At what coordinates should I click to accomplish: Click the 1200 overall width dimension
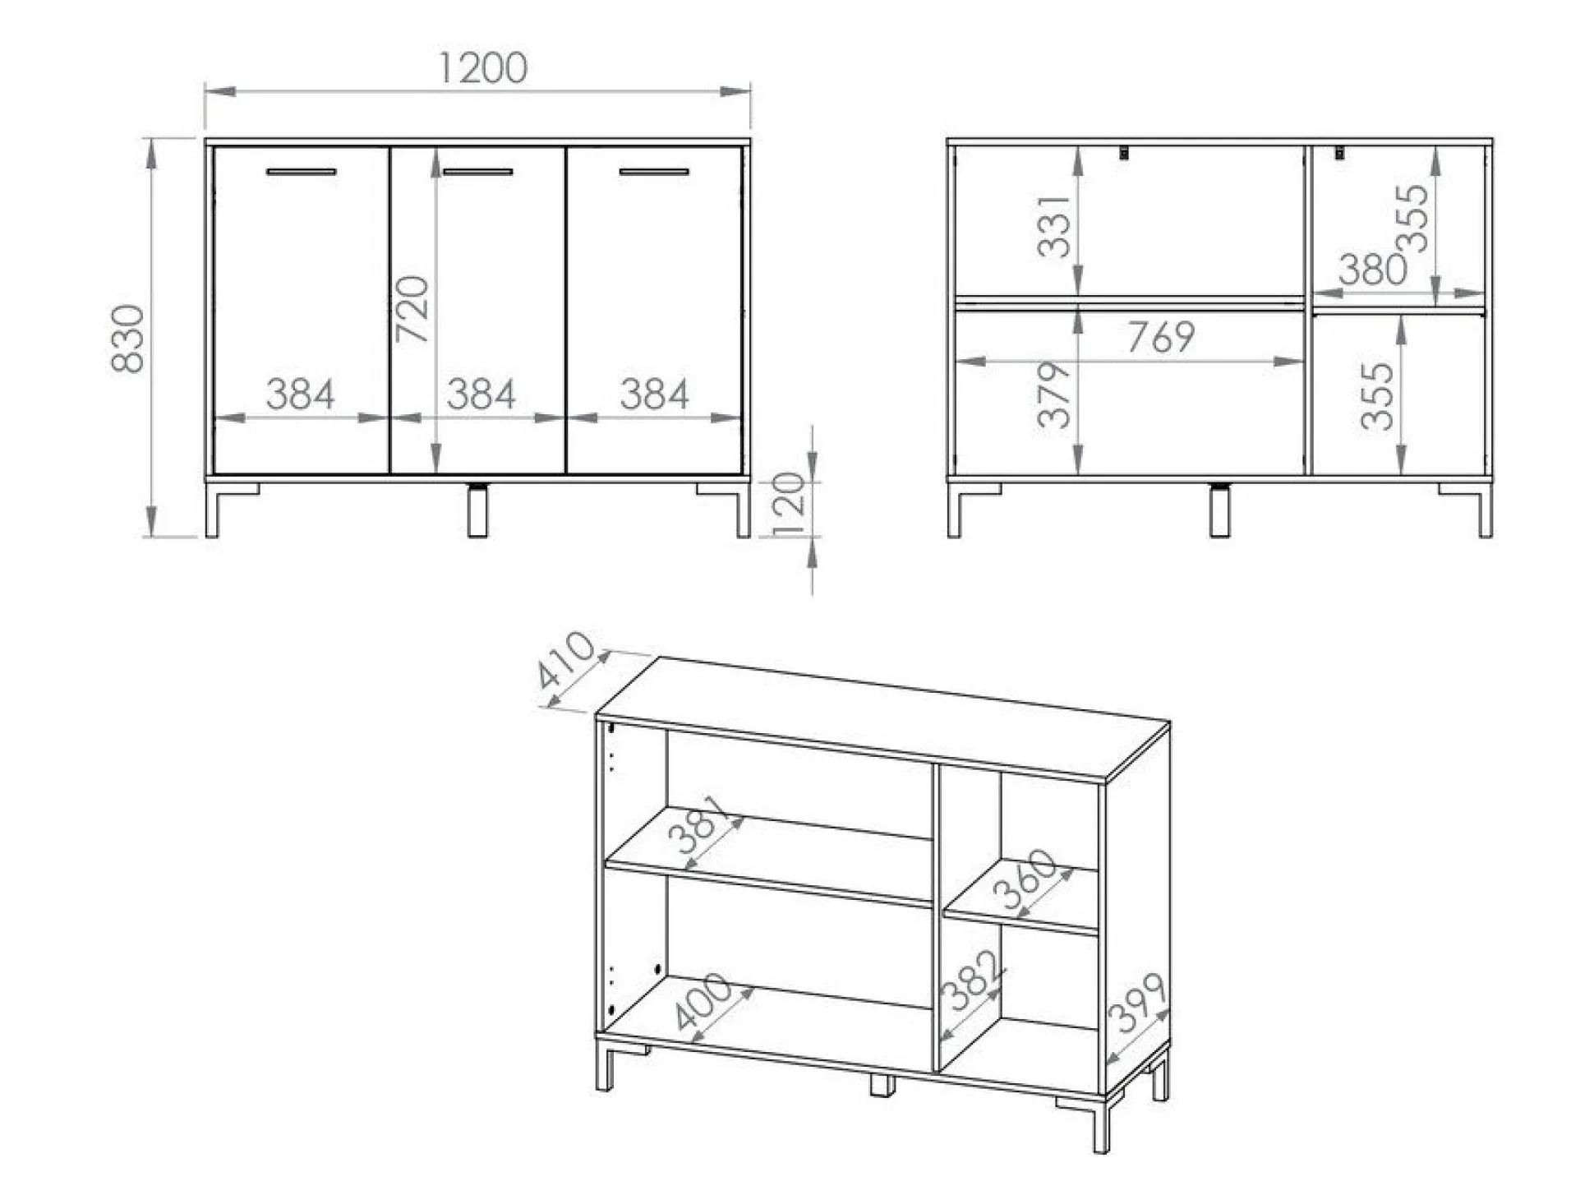click(x=482, y=68)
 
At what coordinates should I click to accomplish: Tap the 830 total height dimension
click(x=128, y=339)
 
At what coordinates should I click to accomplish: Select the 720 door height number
click(x=412, y=310)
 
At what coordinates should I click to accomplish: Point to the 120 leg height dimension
click(x=789, y=503)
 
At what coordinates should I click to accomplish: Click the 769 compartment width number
click(x=1160, y=337)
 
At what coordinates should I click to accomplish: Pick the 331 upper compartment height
click(x=1055, y=226)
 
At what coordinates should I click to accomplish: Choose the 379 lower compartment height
click(x=1055, y=394)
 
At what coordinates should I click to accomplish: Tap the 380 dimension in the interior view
click(x=1373, y=270)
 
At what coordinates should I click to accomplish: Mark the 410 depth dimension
click(x=565, y=659)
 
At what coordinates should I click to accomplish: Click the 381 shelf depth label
click(x=697, y=824)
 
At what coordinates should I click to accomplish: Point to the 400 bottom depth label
click(x=703, y=1000)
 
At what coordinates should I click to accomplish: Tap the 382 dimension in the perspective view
click(x=972, y=980)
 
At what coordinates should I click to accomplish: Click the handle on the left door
click(x=302, y=172)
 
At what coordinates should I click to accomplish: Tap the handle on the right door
click(x=654, y=172)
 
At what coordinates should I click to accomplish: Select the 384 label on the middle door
click(x=481, y=394)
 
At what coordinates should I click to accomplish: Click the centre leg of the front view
click(x=477, y=510)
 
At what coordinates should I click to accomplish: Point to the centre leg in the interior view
click(x=1220, y=510)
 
